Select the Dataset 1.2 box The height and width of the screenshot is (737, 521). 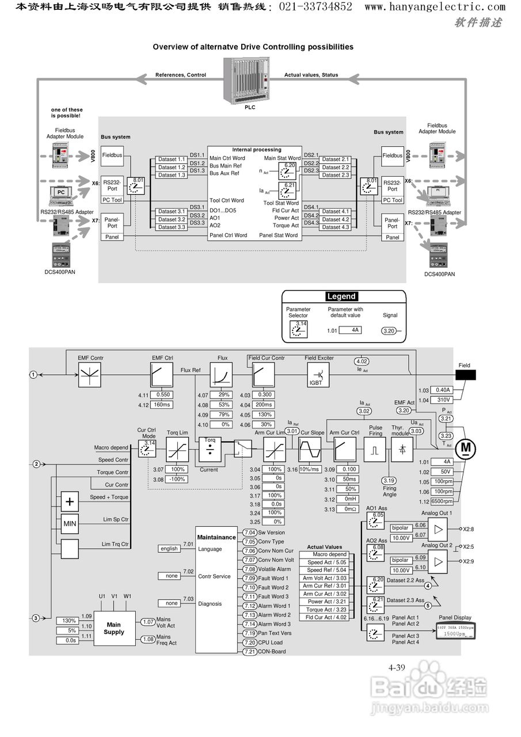172,167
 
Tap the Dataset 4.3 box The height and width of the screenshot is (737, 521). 336,227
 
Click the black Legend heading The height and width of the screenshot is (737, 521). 341,297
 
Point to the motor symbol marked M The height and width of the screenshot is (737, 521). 466,447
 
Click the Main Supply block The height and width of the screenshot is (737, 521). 114,628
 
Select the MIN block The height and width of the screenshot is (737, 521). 70,524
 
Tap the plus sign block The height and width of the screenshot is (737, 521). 70,502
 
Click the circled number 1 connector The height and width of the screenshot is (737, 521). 33,374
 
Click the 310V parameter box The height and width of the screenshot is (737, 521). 443,400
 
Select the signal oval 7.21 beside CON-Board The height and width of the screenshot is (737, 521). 249,651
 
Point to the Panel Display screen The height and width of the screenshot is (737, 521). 455,630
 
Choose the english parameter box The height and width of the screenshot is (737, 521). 169,549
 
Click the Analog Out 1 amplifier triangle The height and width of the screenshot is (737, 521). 439,529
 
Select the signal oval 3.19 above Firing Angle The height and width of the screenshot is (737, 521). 389,480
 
